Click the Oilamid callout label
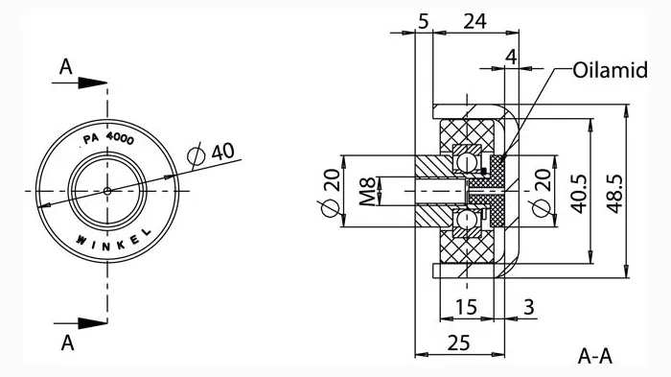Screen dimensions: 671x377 pyautogui.click(x=610, y=70)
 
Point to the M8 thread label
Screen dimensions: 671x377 pyautogui.click(x=367, y=191)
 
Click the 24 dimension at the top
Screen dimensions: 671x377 pyautogui.click(x=475, y=21)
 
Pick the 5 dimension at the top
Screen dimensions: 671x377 pyautogui.click(x=424, y=21)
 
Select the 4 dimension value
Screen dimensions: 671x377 pyautogui.click(x=511, y=57)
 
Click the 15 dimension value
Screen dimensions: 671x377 pyautogui.click(x=466, y=307)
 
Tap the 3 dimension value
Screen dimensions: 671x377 pyautogui.click(x=529, y=307)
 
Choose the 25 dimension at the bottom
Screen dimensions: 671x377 pyautogui.click(x=459, y=342)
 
